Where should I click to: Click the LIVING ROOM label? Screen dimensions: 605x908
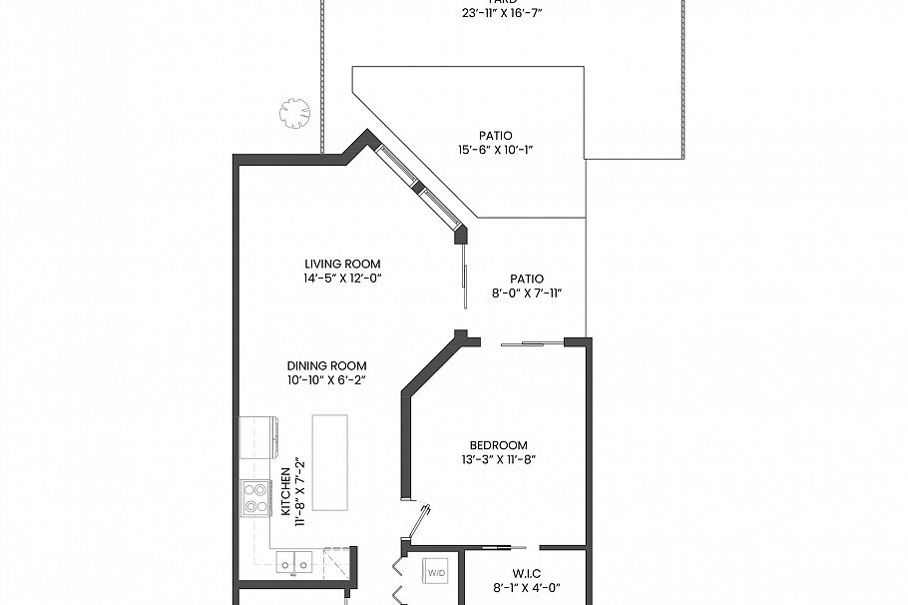(x=342, y=264)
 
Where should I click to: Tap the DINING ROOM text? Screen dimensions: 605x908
(x=326, y=365)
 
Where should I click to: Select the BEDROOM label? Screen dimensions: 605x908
(x=498, y=445)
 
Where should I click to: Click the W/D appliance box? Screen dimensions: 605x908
(x=436, y=573)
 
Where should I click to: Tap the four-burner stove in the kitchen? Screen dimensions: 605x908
(x=255, y=497)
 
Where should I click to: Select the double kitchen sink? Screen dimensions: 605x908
(x=292, y=565)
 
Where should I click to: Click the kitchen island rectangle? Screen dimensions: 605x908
(x=332, y=463)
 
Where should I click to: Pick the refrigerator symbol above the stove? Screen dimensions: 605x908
(x=257, y=436)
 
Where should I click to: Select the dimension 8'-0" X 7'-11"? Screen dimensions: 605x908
(x=526, y=294)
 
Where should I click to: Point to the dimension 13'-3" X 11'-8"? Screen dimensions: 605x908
(x=498, y=459)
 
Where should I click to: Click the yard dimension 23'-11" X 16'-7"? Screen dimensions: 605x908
(x=503, y=13)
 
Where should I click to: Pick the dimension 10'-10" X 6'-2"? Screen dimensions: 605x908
(x=326, y=379)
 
